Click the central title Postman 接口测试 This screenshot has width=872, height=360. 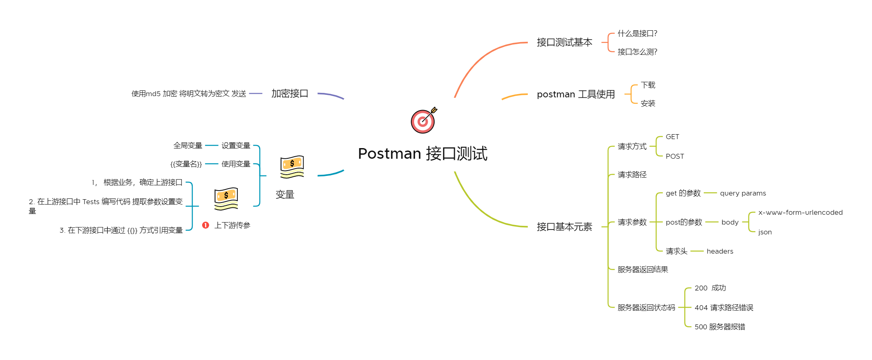(422, 154)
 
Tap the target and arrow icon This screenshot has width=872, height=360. (423, 121)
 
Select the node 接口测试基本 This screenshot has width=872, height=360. (564, 43)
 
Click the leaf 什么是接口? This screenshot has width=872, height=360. (637, 34)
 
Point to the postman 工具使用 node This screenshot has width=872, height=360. (576, 94)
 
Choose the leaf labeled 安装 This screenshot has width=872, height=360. (648, 103)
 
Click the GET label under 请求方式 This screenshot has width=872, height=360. (672, 137)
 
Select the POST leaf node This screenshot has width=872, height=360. (675, 156)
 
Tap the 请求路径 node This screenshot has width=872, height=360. (632, 175)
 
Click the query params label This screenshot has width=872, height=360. (743, 193)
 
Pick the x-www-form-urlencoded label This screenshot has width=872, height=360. (800, 212)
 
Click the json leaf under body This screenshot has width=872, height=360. (765, 232)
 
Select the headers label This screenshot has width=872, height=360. (720, 251)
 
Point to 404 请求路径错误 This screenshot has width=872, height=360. (723, 308)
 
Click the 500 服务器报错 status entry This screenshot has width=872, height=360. (719, 327)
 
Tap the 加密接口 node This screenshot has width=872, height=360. (290, 94)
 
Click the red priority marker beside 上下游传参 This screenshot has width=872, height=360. (206, 225)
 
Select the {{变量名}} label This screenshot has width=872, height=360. (186, 164)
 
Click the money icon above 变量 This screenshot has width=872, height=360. (292, 166)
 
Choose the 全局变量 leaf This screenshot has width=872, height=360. (188, 146)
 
